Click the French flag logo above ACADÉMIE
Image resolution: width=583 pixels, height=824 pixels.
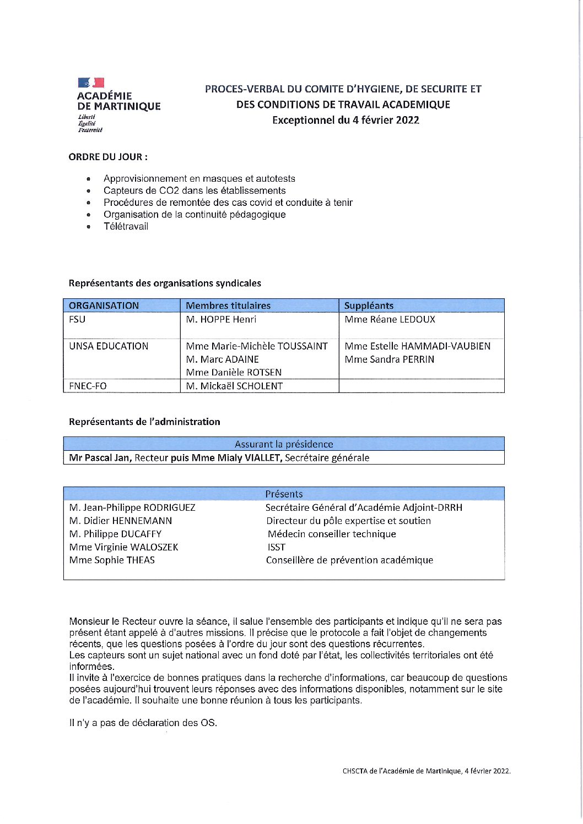[91, 83]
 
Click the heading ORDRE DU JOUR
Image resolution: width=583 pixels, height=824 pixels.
[108, 157]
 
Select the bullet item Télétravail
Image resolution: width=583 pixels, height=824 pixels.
[126, 226]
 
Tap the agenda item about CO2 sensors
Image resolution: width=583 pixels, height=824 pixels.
[195, 190]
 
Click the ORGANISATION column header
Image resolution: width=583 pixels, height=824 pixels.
[104, 305]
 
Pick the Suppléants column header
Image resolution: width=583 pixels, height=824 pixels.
[369, 305]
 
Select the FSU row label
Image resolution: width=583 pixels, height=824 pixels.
[77, 319]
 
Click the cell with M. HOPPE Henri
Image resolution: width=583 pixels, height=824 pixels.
[221, 319]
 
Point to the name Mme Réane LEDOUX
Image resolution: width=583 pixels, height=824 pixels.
[390, 319]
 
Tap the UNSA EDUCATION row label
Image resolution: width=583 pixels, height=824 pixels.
[109, 346]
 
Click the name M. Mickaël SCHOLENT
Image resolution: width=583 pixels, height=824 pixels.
[234, 386]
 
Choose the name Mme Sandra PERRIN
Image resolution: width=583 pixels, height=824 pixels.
[389, 359]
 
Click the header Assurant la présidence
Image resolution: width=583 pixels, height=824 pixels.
[284, 444]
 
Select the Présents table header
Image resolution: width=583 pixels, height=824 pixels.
[284, 494]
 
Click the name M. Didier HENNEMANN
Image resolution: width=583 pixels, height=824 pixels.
[121, 521]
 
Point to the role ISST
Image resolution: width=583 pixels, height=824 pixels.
[276, 547]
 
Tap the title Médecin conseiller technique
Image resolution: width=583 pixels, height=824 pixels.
[332, 534]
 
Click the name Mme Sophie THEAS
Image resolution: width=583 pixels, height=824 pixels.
[112, 560]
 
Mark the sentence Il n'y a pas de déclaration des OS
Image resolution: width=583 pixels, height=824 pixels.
[143, 723]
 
